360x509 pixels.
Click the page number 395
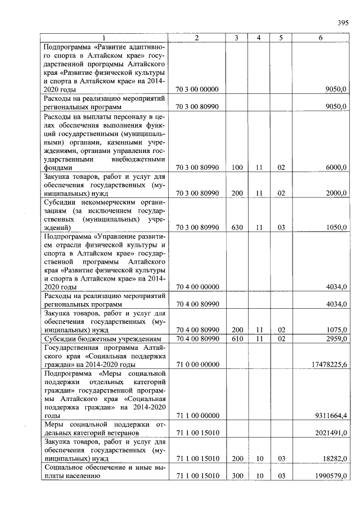coord(343,22)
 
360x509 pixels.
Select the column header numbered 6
coord(321,38)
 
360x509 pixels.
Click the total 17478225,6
coord(329,364)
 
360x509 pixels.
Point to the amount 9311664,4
coord(331,416)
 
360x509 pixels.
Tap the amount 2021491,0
coord(331,433)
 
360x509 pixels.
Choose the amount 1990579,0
coord(331,476)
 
